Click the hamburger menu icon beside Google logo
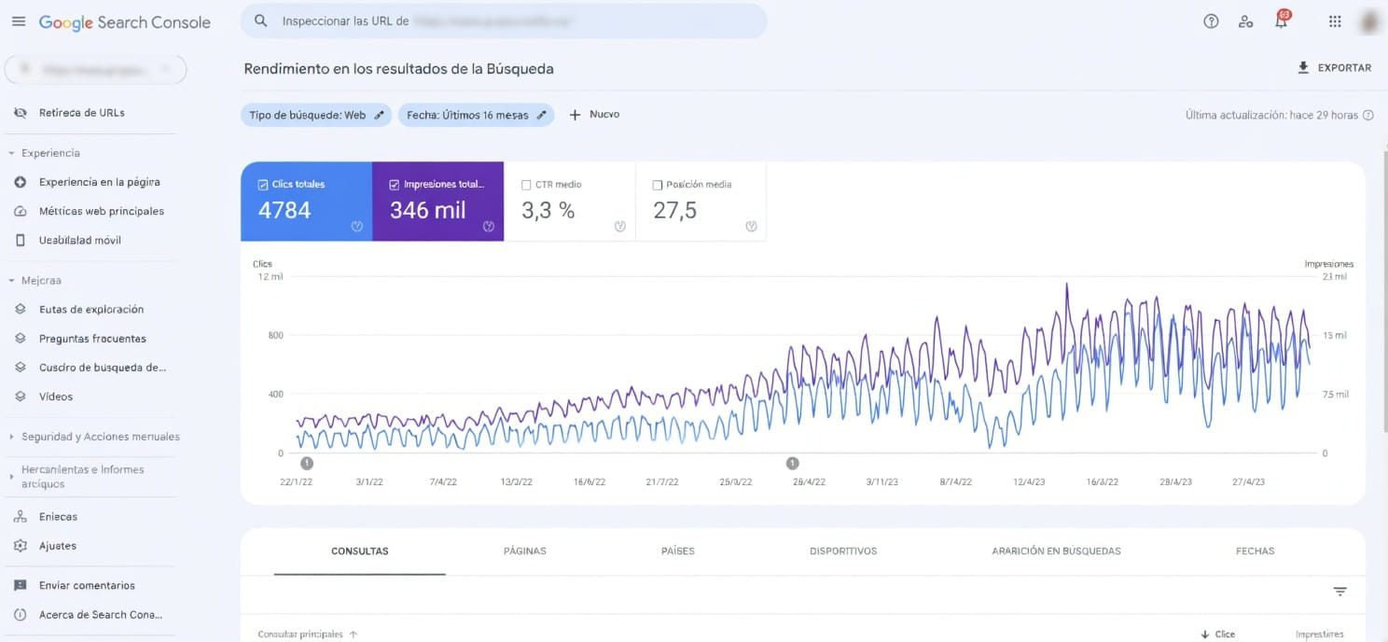click(x=19, y=21)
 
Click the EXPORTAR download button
click(x=1334, y=68)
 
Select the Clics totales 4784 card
click(x=306, y=202)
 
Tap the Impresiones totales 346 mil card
click(x=437, y=202)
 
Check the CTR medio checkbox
click(x=527, y=185)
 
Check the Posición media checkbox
click(x=659, y=185)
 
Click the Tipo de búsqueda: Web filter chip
click(x=315, y=115)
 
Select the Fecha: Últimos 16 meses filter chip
click(x=476, y=115)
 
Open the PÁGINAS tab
click(x=524, y=551)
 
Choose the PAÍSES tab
click(x=678, y=551)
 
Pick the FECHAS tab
click(x=1255, y=551)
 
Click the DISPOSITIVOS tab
click(x=843, y=551)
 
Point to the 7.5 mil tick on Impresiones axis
click(x=1335, y=395)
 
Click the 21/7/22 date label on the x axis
click(x=662, y=482)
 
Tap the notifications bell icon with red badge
click(x=1282, y=21)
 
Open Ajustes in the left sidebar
click(x=58, y=546)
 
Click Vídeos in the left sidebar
click(x=56, y=397)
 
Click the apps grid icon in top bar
click(x=1335, y=21)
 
